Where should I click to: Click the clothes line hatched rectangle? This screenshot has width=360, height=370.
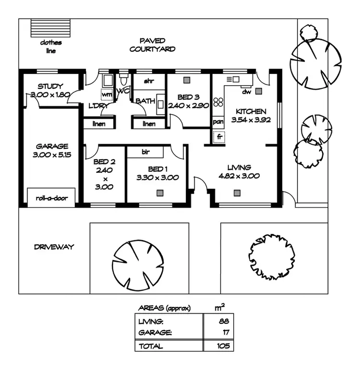pos(50,28)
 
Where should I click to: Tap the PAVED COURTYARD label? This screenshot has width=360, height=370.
pos(152,45)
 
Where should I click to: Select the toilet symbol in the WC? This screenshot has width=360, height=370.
pos(123,79)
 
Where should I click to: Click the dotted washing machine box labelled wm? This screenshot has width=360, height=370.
pos(107,94)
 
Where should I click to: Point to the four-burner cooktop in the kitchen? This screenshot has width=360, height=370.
pos(218,102)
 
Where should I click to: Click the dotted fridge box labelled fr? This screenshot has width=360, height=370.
pos(219,136)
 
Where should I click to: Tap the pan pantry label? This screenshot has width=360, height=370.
pos(218,122)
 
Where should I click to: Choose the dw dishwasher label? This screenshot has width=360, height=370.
pos(247,92)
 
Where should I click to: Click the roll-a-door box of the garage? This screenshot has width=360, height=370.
pos(51,197)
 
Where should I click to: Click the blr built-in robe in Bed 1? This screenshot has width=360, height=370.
pos(145,152)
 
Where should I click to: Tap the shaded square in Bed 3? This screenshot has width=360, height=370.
pos(187,80)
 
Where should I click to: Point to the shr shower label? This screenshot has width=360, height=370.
pos(149,81)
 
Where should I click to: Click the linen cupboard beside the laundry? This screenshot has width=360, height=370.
pos(99,123)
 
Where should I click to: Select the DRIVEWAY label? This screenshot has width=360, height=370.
pos(54,247)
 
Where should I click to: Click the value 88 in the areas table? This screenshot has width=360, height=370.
pos(224,321)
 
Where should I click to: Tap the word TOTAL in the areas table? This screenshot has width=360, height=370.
pos(151,346)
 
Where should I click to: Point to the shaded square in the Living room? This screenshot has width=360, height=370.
pos(237,193)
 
